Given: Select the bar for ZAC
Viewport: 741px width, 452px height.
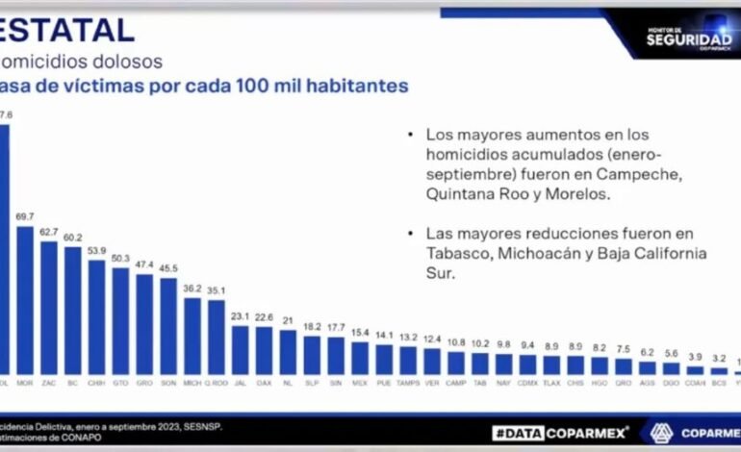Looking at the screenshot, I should [49, 307].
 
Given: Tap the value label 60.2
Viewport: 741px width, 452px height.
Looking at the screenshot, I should [72, 238].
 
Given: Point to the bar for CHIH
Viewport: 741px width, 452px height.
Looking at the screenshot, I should [96, 316].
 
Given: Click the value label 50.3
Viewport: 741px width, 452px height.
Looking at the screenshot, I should [120, 258].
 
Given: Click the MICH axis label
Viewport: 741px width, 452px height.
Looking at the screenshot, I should [192, 382].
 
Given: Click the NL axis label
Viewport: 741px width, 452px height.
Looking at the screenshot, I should [287, 382].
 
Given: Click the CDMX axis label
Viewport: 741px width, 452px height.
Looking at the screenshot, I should [527, 382].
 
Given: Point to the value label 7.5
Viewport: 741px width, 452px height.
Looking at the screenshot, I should [623, 348].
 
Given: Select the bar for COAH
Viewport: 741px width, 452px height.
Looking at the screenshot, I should [695, 369].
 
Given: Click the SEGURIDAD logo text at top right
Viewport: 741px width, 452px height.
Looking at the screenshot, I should [688, 39].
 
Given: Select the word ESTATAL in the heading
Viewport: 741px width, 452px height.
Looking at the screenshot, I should [67, 30].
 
